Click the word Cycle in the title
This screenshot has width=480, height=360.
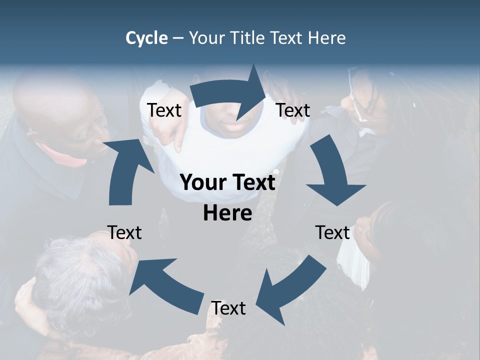[x=146, y=38]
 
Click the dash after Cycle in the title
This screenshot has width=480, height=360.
[x=178, y=38]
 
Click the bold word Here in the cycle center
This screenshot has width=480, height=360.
[x=227, y=213]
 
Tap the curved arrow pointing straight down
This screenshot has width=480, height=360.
[x=332, y=175]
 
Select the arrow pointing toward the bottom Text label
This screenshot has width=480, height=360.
[x=290, y=285]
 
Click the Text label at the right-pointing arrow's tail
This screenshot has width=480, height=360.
[x=164, y=110]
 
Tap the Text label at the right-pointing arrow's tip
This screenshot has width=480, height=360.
[x=293, y=110]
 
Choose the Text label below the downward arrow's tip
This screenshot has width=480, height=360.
[x=332, y=232]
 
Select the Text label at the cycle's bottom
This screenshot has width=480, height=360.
[x=228, y=308]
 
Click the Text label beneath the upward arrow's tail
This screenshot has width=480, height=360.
[x=124, y=232]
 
